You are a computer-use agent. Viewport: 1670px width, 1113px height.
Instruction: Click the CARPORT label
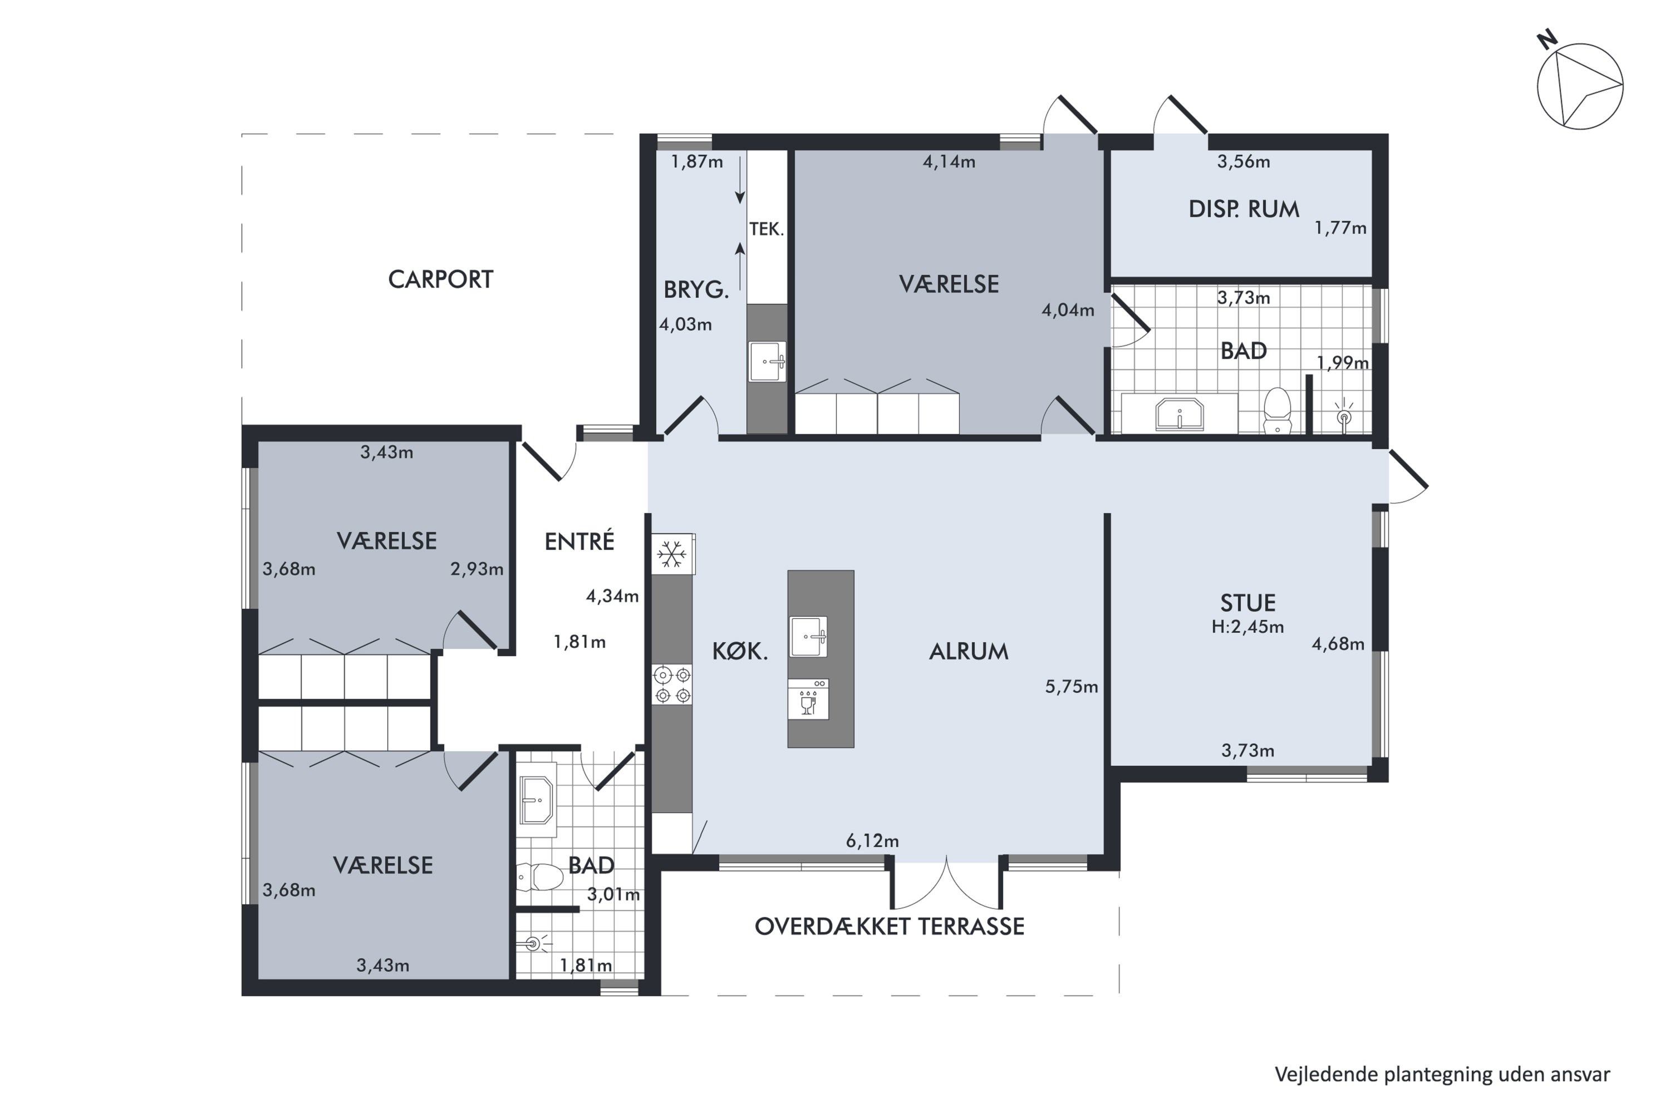(x=440, y=280)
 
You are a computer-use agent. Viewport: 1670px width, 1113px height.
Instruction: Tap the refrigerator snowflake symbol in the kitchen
(x=672, y=554)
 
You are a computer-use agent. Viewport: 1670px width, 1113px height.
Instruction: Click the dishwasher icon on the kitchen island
(x=808, y=699)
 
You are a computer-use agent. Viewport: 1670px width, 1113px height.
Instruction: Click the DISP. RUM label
(x=1244, y=209)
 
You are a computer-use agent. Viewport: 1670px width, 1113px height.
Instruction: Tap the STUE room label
(x=1247, y=603)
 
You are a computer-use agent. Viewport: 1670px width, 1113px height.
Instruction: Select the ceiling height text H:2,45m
(x=1247, y=627)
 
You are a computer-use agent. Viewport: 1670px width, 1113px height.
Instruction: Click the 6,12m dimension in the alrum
(x=872, y=841)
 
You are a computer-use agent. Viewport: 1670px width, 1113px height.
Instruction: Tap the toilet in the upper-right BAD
(x=1278, y=410)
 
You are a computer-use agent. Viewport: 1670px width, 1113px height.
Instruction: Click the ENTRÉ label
(x=579, y=541)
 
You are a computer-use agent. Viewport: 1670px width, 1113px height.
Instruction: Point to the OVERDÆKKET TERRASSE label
(x=889, y=927)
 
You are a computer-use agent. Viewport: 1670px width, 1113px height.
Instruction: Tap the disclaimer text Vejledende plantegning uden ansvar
(x=1442, y=1074)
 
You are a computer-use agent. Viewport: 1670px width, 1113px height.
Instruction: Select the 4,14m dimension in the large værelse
(x=949, y=162)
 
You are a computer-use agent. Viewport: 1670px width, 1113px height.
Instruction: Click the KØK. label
(x=740, y=652)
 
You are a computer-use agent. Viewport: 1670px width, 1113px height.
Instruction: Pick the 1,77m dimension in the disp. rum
(x=1340, y=228)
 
